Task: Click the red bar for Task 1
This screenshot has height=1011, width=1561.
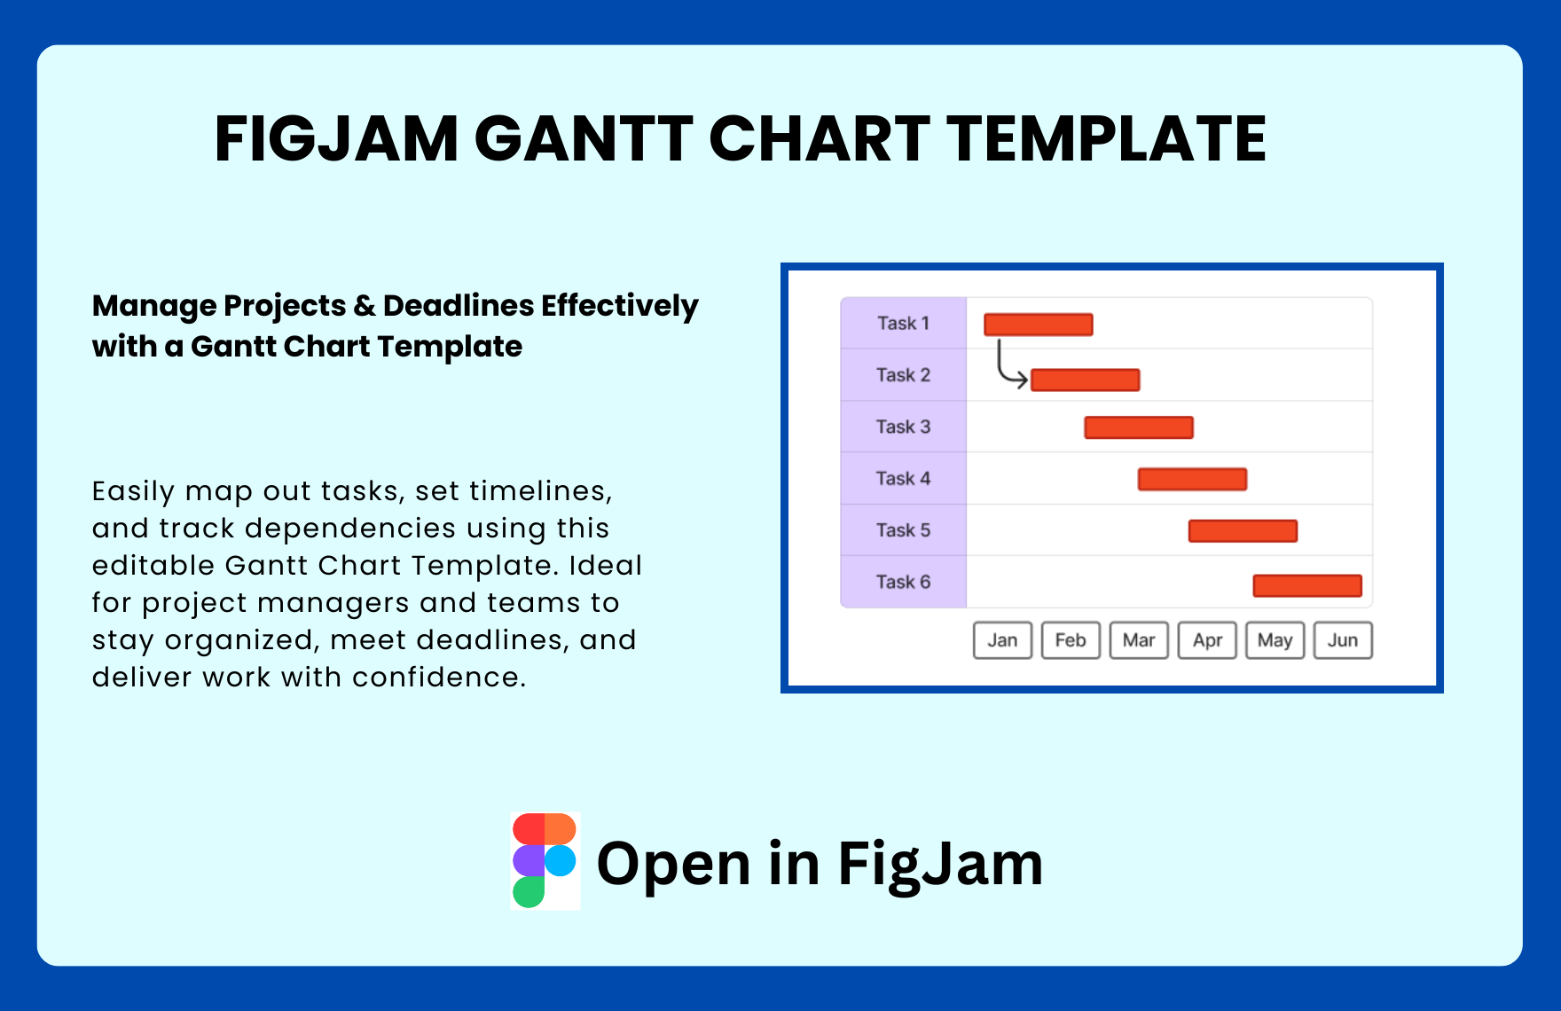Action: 1038,325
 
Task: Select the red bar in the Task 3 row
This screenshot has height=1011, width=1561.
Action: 1138,427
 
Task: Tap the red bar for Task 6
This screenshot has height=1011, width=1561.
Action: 1306,585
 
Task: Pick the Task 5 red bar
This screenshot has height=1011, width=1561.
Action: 1243,531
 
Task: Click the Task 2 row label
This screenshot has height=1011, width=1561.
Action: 903,375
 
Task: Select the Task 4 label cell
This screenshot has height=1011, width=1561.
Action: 903,479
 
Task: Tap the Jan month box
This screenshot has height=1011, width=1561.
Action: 1002,640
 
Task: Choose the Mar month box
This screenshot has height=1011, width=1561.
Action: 1139,640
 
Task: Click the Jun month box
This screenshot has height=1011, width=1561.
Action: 1343,640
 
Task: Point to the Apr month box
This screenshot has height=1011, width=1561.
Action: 1207,640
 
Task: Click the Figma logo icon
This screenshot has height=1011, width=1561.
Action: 545,860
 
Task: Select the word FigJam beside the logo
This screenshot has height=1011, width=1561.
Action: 940,864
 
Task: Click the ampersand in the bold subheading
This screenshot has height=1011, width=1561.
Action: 364,306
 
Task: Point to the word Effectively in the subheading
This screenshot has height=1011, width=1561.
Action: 619,306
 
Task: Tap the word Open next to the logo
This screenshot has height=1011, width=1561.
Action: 674,864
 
